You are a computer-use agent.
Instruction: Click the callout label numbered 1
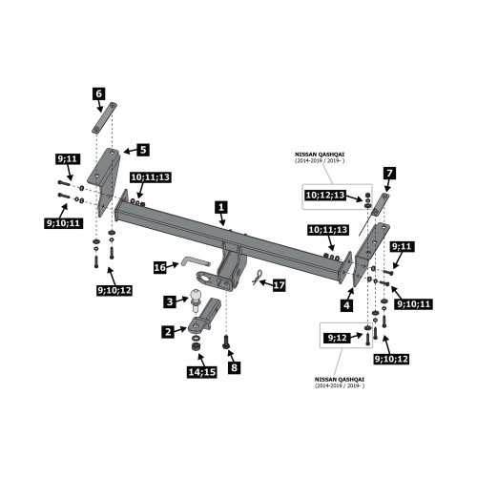[x=221, y=207]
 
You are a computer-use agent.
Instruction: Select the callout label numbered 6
[x=99, y=93]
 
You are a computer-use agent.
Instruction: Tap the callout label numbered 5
[x=143, y=150]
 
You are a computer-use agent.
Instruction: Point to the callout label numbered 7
[x=390, y=174]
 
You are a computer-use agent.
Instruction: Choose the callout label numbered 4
[x=346, y=305]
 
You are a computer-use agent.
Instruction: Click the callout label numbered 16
[x=159, y=267]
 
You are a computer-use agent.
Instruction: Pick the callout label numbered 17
[x=279, y=285]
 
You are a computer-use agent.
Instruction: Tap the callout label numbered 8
[x=235, y=367]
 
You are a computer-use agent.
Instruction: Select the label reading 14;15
[x=202, y=372]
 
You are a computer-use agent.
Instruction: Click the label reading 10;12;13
[x=325, y=195]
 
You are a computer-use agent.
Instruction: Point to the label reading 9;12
[x=337, y=338]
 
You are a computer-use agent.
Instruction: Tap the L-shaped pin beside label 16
[x=196, y=262]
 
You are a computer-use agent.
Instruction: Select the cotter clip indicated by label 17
[x=258, y=277]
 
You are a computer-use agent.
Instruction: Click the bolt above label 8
[x=226, y=342]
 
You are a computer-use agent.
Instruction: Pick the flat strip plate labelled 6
[x=105, y=118]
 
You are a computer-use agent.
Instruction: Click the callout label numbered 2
[x=168, y=332]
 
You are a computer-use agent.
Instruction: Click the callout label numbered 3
[x=170, y=301]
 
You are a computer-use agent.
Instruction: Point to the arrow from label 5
[x=131, y=151]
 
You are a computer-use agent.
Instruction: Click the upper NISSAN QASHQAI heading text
[x=320, y=155]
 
